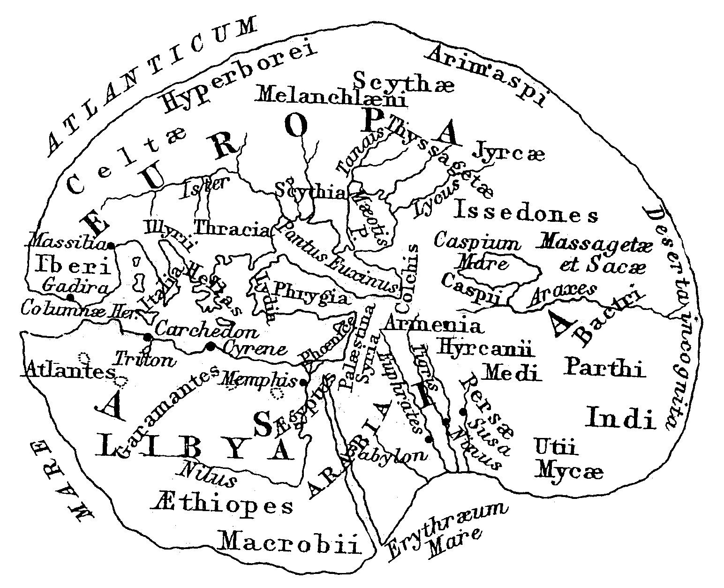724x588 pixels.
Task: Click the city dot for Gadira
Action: pos(70,297)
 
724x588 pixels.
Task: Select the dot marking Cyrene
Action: pos(211,346)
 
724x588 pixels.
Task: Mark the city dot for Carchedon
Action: pos(148,337)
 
